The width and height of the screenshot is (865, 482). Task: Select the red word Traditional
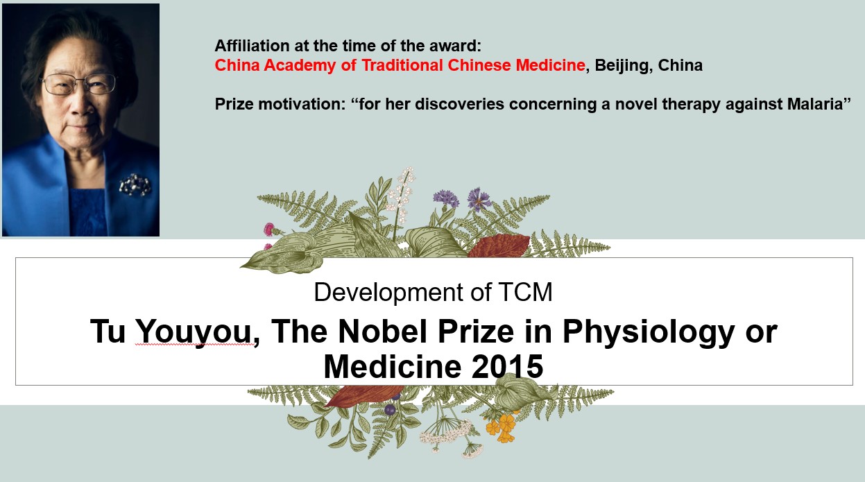tap(402, 65)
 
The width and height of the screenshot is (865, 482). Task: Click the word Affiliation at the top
tap(252, 46)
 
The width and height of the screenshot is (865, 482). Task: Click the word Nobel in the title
tap(382, 331)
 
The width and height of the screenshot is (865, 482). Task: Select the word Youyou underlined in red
tap(194, 333)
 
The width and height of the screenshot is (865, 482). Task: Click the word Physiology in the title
tap(649, 333)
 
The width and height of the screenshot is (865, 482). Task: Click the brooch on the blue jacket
tap(135, 184)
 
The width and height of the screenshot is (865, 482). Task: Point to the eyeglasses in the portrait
tap(79, 84)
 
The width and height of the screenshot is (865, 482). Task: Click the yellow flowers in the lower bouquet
tap(502, 427)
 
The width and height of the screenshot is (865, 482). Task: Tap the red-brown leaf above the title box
tap(499, 246)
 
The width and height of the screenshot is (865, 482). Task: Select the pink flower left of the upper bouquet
tap(269, 229)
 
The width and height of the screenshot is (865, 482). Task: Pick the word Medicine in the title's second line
tap(393, 366)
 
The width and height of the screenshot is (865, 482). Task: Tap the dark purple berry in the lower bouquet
tap(390, 410)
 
